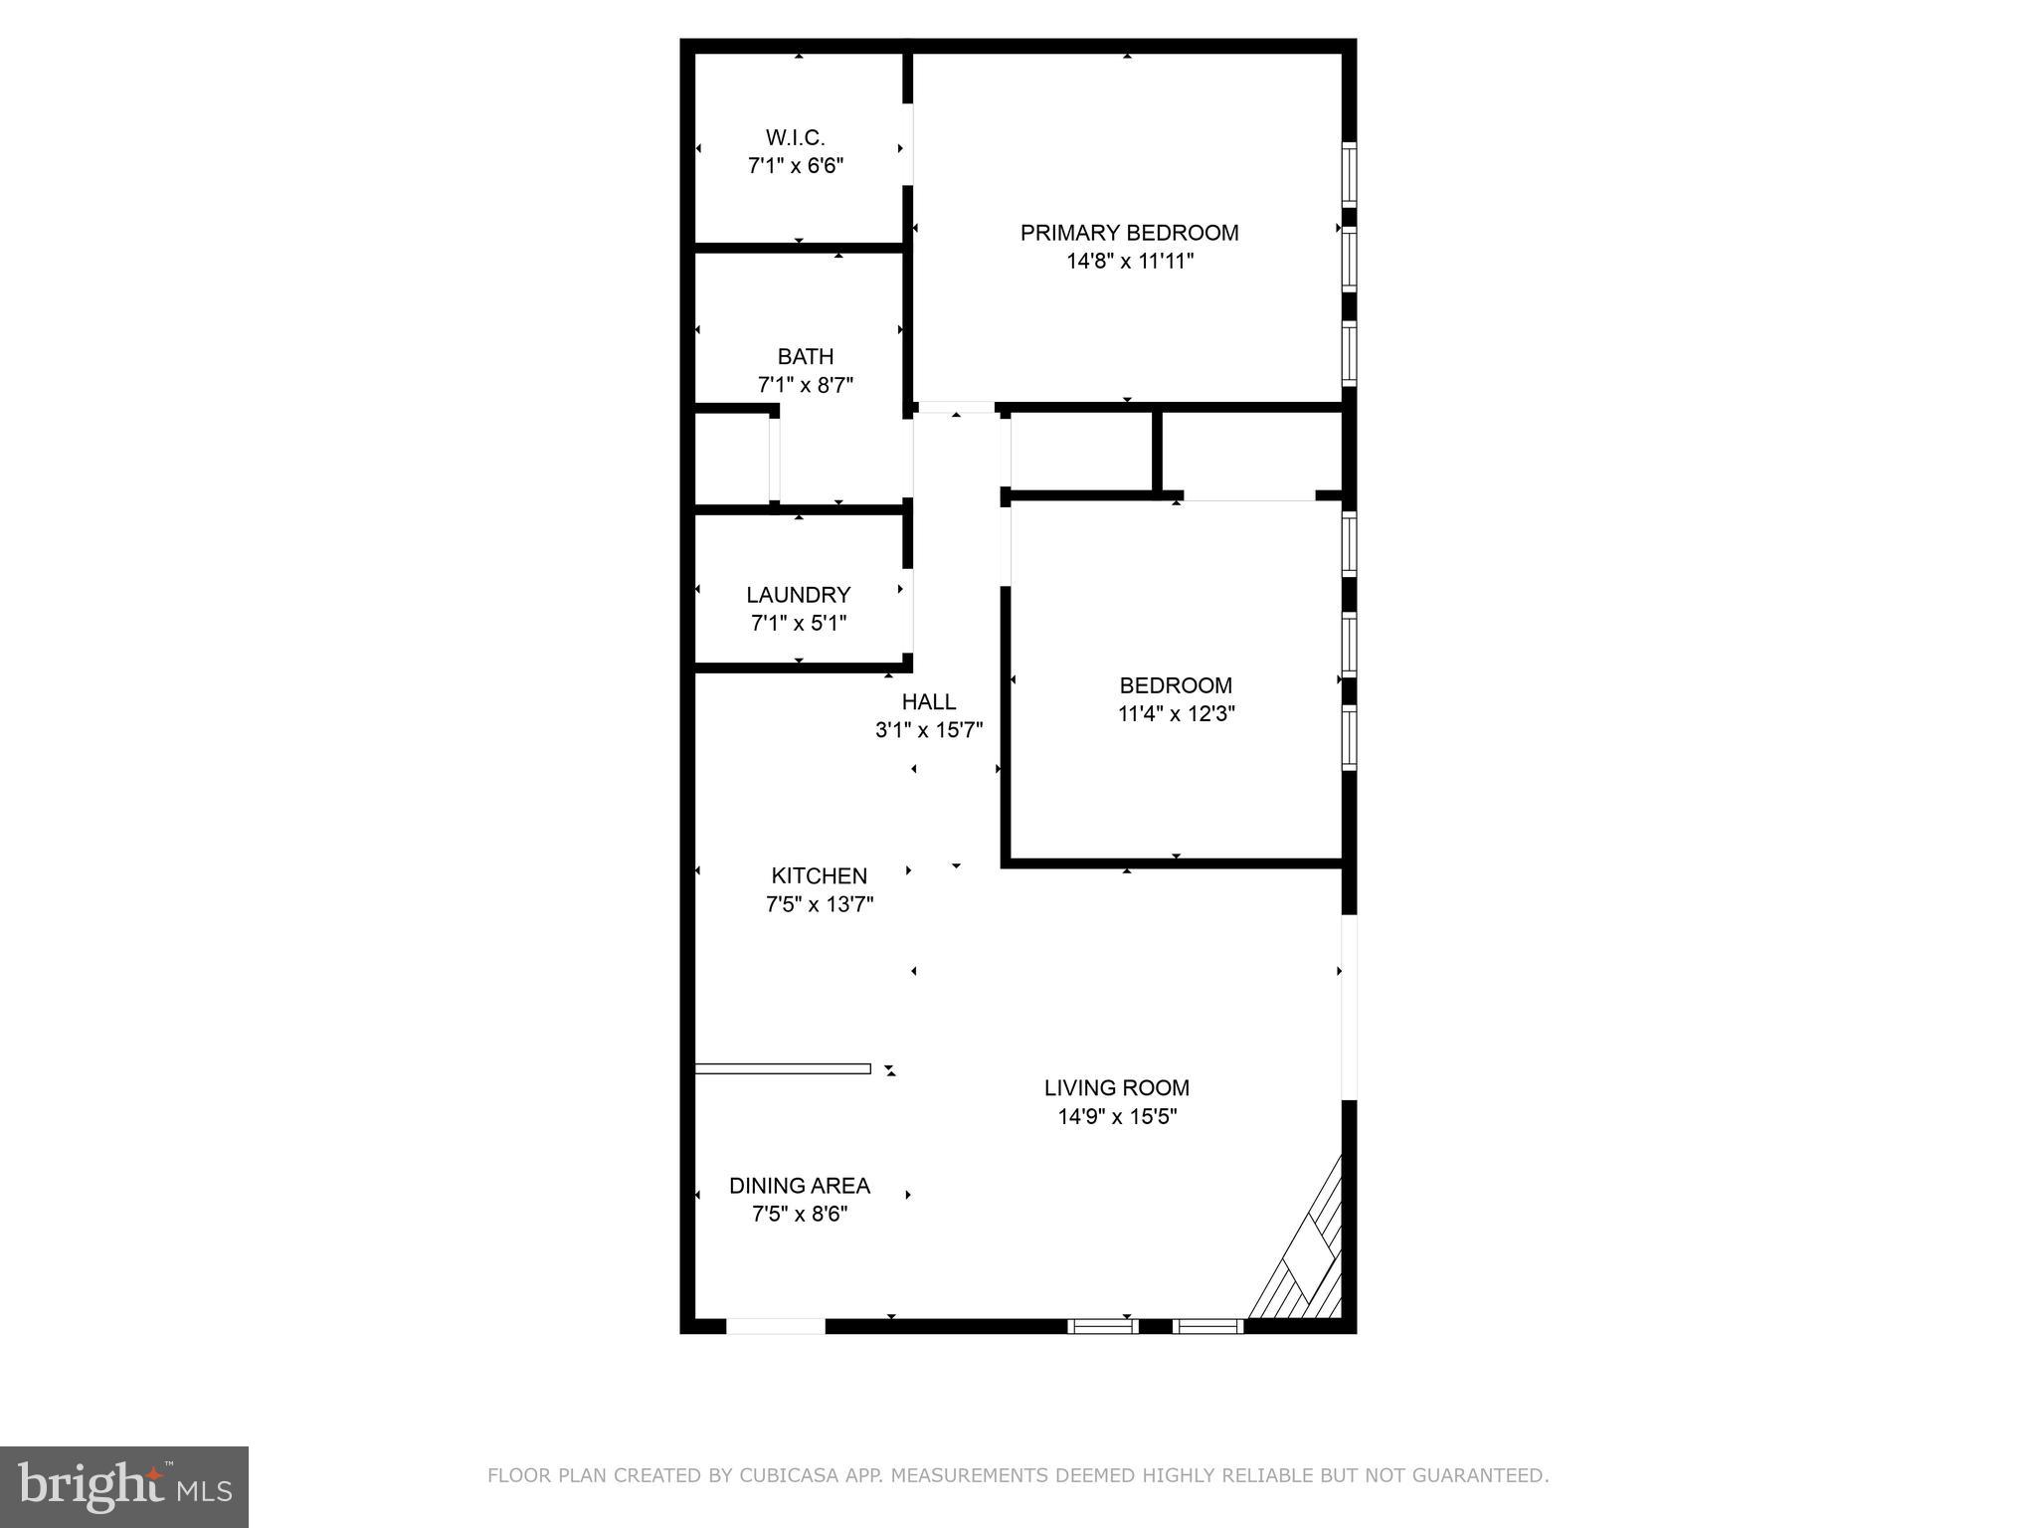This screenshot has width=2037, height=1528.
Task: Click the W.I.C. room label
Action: pos(795,137)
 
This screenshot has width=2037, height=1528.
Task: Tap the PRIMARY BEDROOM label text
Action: pos(1129,233)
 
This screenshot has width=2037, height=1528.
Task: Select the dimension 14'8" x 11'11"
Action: pos(1129,262)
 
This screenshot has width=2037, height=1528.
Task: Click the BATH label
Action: pos(805,356)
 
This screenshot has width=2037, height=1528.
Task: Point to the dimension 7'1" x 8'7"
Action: pos(805,385)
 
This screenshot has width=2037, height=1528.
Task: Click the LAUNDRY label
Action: pos(798,595)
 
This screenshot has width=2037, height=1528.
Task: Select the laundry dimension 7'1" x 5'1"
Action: pos(798,624)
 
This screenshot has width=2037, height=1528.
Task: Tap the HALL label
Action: pos(928,701)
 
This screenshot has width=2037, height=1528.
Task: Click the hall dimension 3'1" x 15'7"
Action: pos(928,730)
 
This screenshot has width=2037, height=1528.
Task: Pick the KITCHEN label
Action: pos(819,876)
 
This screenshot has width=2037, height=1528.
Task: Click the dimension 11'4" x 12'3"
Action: pos(1176,714)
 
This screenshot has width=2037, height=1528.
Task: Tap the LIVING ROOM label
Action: pos(1116,1088)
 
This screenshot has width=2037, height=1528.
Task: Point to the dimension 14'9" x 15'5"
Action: pos(1116,1117)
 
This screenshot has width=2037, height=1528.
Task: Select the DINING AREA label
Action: pos(799,1186)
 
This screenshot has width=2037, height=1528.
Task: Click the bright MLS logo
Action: pos(124,1487)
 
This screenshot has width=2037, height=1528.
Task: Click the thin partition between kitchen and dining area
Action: pos(782,1068)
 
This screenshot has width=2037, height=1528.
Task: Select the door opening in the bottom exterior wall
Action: pos(775,1326)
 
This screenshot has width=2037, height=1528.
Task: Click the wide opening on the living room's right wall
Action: pos(1349,1007)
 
